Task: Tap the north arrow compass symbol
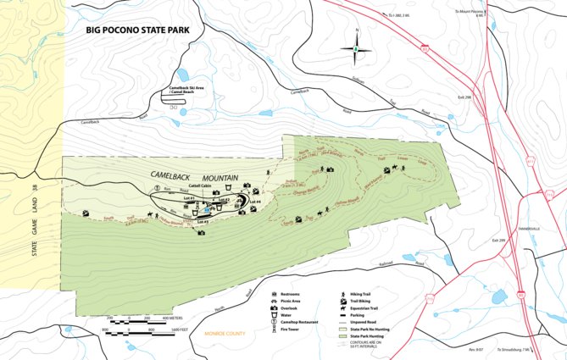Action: (357, 48)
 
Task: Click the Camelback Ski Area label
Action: (187, 90)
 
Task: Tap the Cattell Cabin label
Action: (200, 186)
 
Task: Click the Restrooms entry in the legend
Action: (292, 293)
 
